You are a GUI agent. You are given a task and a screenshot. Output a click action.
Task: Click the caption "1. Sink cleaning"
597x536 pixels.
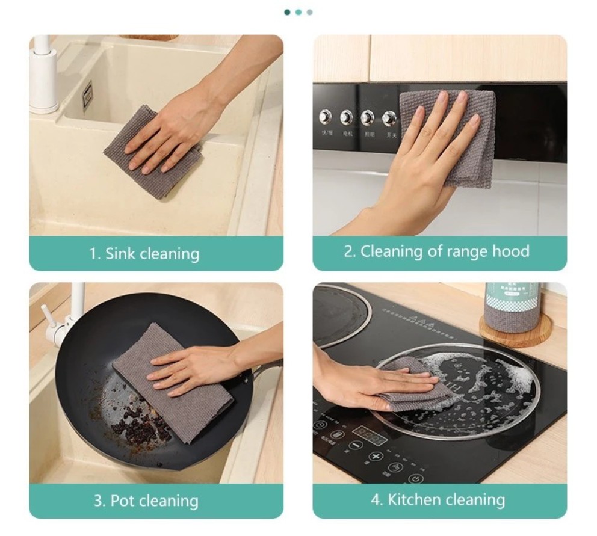coord(144,253)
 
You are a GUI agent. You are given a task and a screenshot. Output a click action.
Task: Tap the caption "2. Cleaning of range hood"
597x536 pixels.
coord(436,251)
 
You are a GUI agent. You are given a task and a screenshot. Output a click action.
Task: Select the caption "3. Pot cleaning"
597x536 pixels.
coord(146,501)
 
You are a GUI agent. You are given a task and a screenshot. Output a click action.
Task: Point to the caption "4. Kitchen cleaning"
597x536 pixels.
coord(438,499)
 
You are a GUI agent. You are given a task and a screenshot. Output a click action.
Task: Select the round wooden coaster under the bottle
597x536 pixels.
coord(515,331)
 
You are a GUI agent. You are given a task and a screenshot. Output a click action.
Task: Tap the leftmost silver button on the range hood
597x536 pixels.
coord(327,116)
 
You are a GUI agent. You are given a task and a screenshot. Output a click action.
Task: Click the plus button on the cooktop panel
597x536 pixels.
coord(377,458)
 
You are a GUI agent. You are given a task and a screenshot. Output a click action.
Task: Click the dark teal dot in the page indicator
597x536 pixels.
coord(288,12)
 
